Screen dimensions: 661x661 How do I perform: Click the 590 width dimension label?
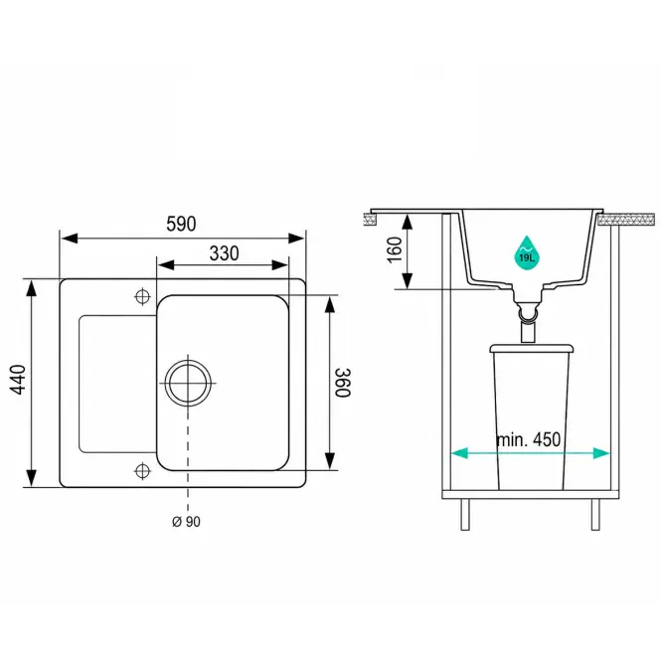tap(181, 224)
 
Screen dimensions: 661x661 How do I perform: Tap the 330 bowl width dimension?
tap(224, 253)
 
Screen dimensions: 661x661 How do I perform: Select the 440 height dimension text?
tap(19, 380)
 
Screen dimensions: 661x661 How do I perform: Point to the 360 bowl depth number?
tap(342, 383)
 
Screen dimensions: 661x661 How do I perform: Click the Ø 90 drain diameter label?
tap(186, 522)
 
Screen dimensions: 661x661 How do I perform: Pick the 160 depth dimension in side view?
tap(395, 249)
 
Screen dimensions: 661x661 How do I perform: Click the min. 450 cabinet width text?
tap(529, 439)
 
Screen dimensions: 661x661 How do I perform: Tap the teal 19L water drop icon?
tap(527, 253)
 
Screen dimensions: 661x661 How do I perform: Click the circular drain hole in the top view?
tap(188, 383)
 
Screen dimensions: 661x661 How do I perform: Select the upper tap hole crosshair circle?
tap(142, 296)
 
